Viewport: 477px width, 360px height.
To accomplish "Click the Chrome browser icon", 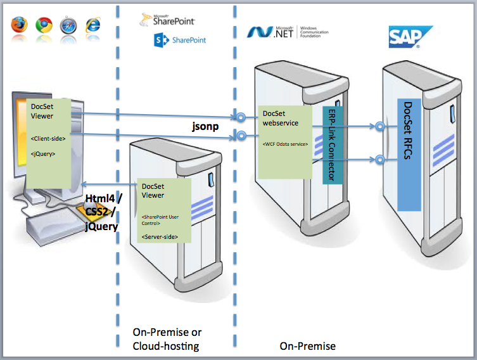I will pos(44,25).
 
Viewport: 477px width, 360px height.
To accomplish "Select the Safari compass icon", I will pos(68,25).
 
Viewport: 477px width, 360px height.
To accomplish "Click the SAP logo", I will pos(410,37).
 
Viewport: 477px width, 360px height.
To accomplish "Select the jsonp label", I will pos(206,126).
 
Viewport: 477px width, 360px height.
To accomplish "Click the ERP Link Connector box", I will pos(329,145).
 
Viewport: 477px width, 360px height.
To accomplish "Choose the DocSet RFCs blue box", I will pos(409,153).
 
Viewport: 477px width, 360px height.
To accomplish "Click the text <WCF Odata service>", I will pos(285,145).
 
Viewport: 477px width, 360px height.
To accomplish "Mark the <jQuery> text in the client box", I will pos(43,153).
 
